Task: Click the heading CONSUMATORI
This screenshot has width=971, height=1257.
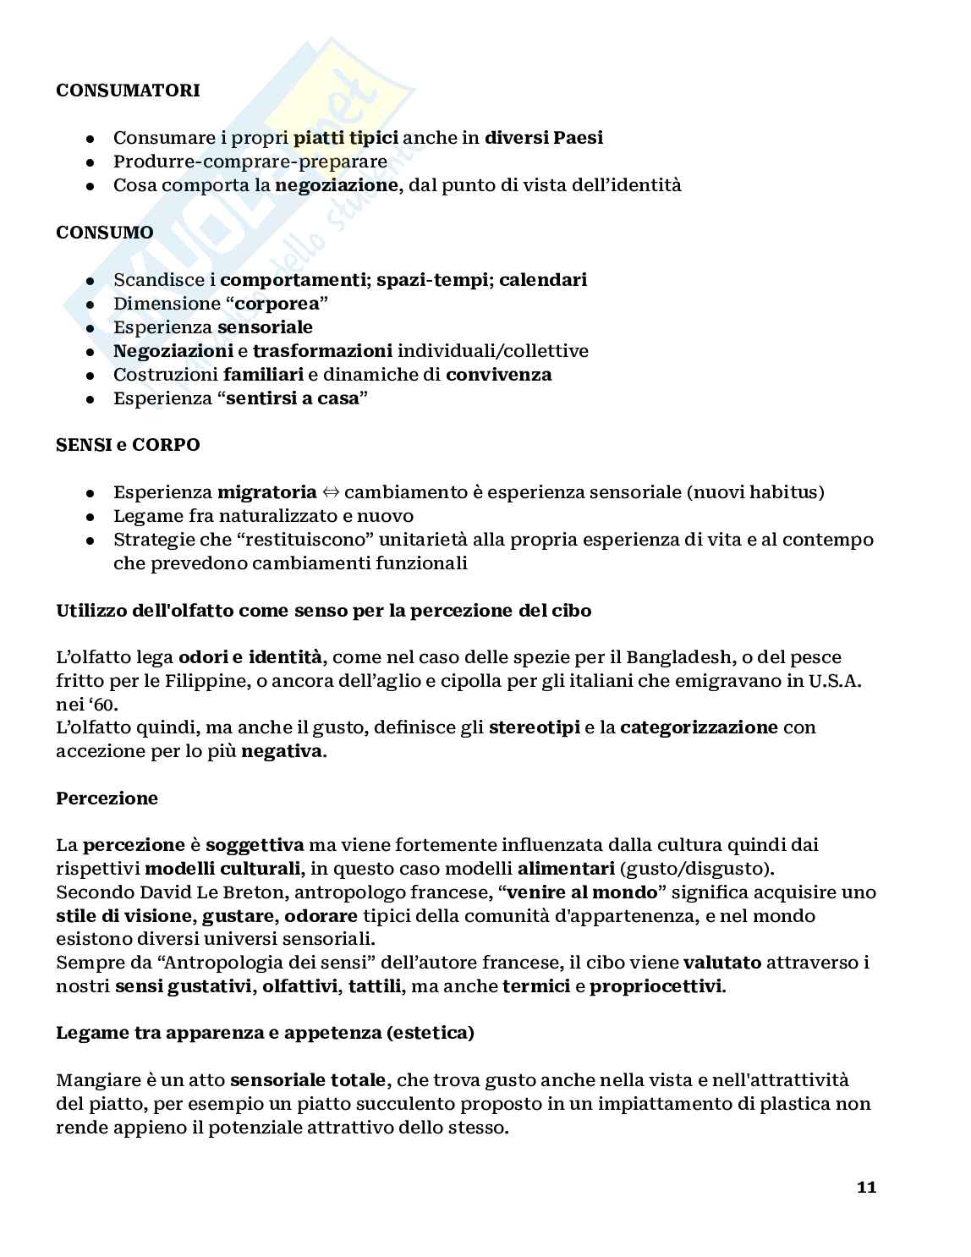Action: pyautogui.click(x=128, y=91)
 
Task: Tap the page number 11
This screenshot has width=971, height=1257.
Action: pyautogui.click(x=866, y=1187)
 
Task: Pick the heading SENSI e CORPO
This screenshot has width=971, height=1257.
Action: pyautogui.click(x=128, y=445)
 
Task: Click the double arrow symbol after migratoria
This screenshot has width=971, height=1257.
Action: pyautogui.click(x=331, y=492)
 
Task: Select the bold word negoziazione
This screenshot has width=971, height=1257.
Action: pyautogui.click(x=337, y=185)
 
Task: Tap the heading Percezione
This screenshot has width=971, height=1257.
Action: pyautogui.click(x=107, y=799)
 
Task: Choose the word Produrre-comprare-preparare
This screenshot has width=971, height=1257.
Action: pyautogui.click(x=250, y=162)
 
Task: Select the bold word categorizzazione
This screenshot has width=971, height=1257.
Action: pyautogui.click(x=699, y=727)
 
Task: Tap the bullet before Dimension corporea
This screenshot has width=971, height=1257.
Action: pyautogui.click(x=91, y=304)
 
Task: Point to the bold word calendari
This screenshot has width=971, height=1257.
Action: pyautogui.click(x=543, y=280)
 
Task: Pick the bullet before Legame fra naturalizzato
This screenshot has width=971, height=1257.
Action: pyautogui.click(x=91, y=516)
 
